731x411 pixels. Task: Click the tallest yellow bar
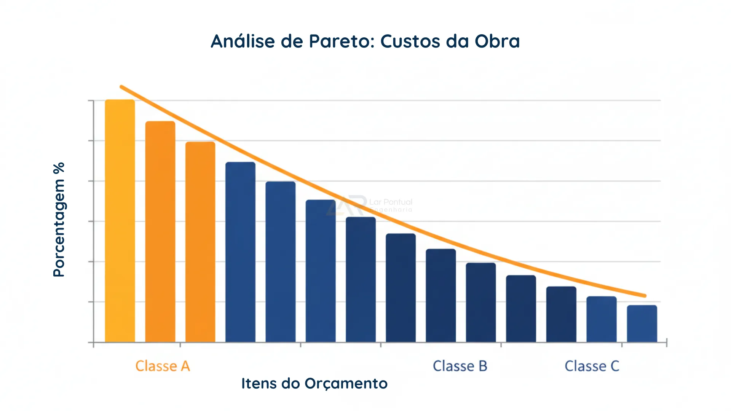pos(120,221)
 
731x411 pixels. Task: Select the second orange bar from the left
pos(160,232)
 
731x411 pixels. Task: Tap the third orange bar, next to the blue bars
pos(200,242)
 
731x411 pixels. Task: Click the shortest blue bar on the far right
pos(642,323)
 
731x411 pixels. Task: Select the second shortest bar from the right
pos(601,319)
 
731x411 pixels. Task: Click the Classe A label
pos(163,366)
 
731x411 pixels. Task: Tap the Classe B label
pos(460,366)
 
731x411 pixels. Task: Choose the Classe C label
pos(592,366)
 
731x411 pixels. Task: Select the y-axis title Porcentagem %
pos(59,220)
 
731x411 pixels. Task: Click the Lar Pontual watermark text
pos(391,202)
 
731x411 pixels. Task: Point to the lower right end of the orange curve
pos(645,295)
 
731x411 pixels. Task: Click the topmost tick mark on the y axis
pos(91,101)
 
